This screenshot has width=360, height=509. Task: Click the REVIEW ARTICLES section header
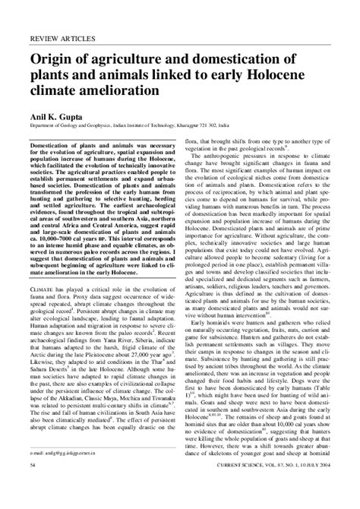pyautogui.click(x=61, y=37)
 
